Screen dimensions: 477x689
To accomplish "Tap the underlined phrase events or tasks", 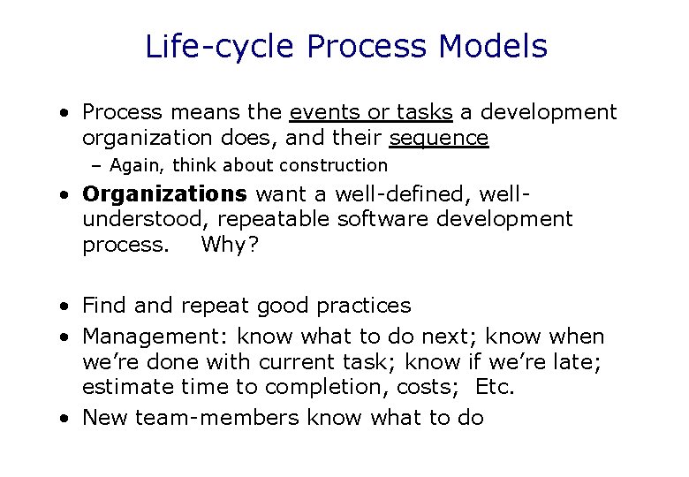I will (372, 113).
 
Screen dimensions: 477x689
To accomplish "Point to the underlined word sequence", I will (439, 138).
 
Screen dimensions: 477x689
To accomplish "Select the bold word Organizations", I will (164, 193).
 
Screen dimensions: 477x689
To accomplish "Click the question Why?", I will (230, 244).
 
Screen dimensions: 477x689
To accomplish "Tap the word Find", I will (103, 306).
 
